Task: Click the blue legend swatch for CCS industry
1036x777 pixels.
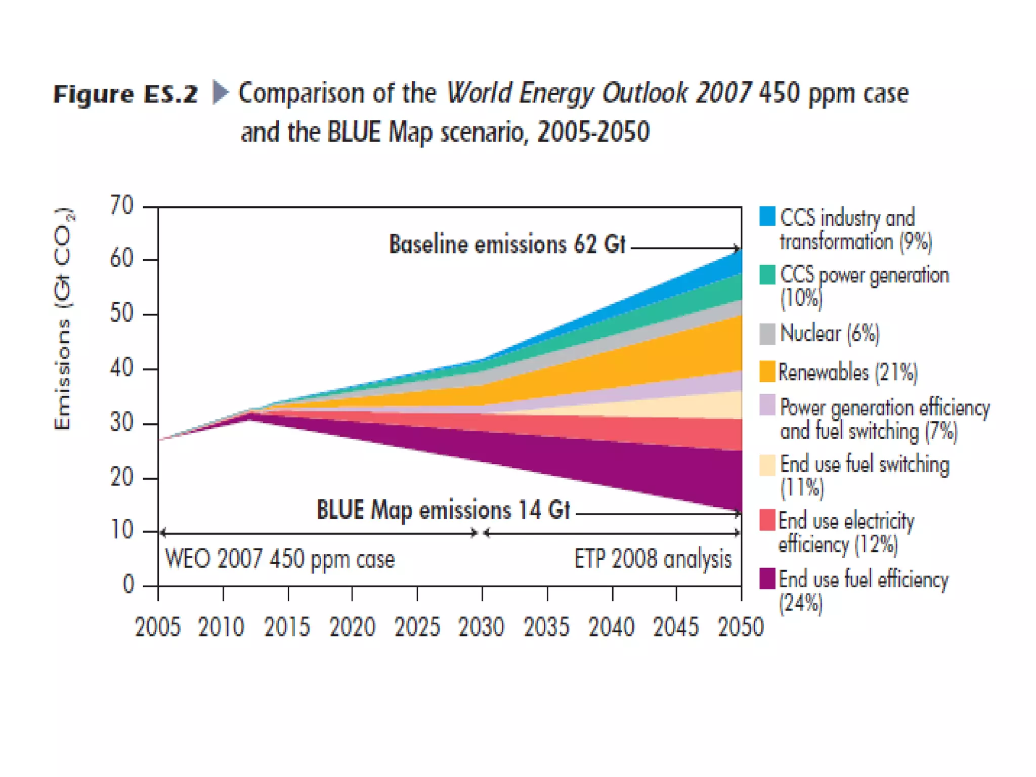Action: (x=767, y=216)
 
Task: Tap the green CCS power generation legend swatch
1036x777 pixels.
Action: (x=767, y=275)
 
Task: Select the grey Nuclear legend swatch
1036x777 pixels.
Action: (x=767, y=334)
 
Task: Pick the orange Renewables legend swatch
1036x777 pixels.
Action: (x=767, y=371)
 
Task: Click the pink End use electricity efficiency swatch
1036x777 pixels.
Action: (x=767, y=521)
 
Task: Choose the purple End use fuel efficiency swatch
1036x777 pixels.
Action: (x=767, y=579)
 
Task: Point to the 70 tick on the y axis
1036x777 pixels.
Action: (x=122, y=206)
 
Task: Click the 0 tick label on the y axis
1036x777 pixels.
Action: (x=128, y=584)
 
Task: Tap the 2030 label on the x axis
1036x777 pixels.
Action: (x=481, y=627)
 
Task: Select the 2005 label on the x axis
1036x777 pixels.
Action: (x=157, y=627)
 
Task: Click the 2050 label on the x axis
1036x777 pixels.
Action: (x=741, y=627)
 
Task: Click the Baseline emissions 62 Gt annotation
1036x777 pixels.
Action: (x=507, y=244)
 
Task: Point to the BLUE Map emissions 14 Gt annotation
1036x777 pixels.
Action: (x=443, y=510)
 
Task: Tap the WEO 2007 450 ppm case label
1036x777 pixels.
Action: (x=280, y=559)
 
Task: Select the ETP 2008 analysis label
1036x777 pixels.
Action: (x=653, y=559)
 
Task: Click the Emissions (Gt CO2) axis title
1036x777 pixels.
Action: (x=63, y=319)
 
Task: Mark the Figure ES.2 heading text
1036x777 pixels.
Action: (x=125, y=94)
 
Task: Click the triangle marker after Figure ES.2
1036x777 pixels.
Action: (x=221, y=92)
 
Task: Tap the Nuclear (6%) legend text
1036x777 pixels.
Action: (x=830, y=334)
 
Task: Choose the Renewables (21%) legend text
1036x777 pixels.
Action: (x=848, y=372)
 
